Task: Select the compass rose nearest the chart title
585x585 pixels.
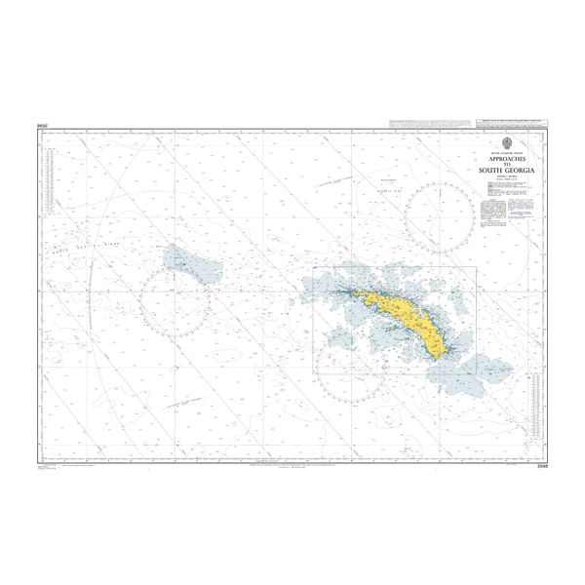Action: point(440,214)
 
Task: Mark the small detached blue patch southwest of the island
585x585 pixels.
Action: point(341,336)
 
